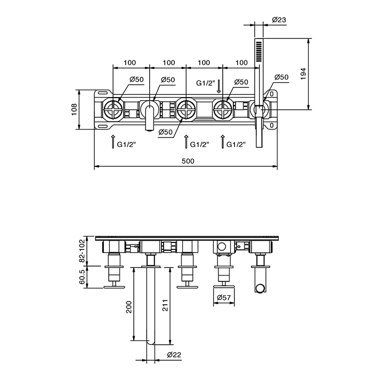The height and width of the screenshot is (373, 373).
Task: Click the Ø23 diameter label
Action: click(x=279, y=20)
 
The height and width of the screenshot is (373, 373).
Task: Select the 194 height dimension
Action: click(x=304, y=74)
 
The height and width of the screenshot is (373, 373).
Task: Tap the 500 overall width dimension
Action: click(x=188, y=161)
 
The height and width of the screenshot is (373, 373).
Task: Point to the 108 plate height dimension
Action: click(x=75, y=109)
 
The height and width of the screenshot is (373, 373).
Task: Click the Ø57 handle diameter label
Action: click(x=224, y=297)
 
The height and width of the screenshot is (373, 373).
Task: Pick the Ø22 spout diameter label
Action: click(x=174, y=355)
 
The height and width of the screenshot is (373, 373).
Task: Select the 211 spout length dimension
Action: click(x=165, y=305)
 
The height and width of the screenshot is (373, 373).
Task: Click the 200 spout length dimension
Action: click(x=129, y=307)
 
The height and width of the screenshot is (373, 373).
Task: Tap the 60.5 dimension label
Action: click(x=82, y=277)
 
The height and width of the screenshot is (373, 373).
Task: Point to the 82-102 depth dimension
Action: click(x=82, y=250)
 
